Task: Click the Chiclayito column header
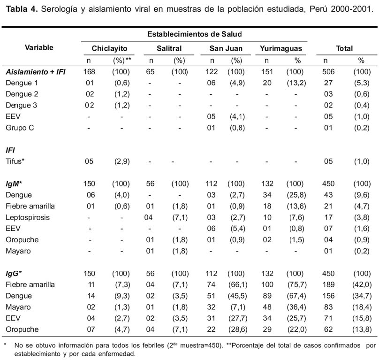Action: pos(109,48)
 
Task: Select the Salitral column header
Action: pos(169,48)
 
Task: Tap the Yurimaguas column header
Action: pos(281,48)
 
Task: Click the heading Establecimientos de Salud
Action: pos(195,34)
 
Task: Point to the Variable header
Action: pos(39,47)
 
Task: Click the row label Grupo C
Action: pos(20,128)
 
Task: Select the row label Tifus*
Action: pos(15,161)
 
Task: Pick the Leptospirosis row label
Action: pos(28,217)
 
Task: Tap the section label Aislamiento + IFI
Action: pos(36,72)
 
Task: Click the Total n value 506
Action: pos(328,72)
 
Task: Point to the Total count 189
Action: pos(328,284)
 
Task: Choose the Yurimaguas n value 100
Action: pos(267,284)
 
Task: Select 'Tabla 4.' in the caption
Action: pos(22,9)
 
